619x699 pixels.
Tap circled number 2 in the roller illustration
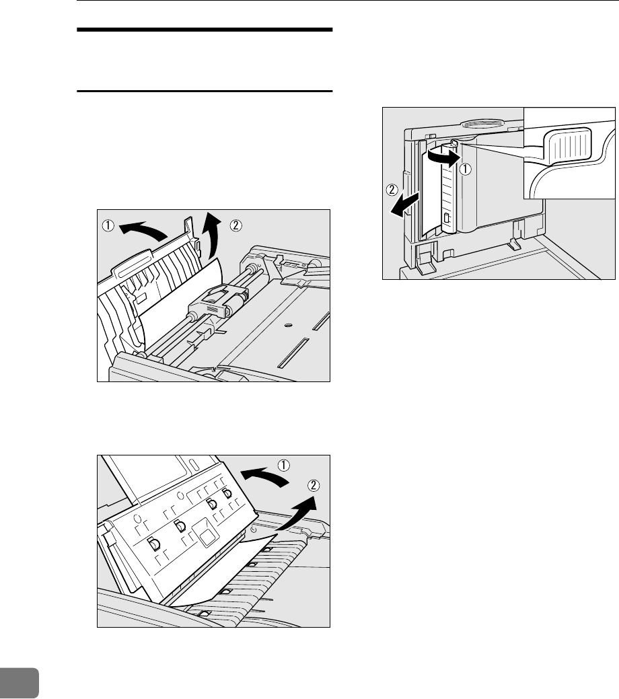click(235, 225)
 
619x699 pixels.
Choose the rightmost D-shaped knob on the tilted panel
click(228, 494)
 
